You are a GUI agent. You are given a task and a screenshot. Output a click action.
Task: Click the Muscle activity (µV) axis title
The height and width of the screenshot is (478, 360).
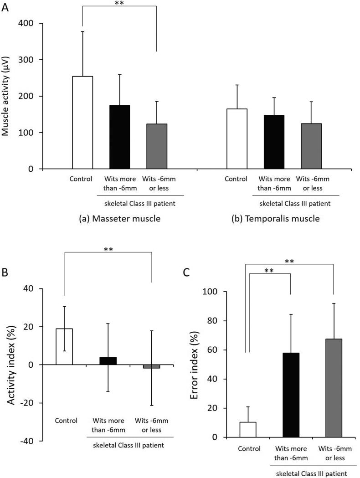point(6,96)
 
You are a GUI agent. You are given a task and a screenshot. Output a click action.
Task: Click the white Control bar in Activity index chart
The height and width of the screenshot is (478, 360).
point(64,347)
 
